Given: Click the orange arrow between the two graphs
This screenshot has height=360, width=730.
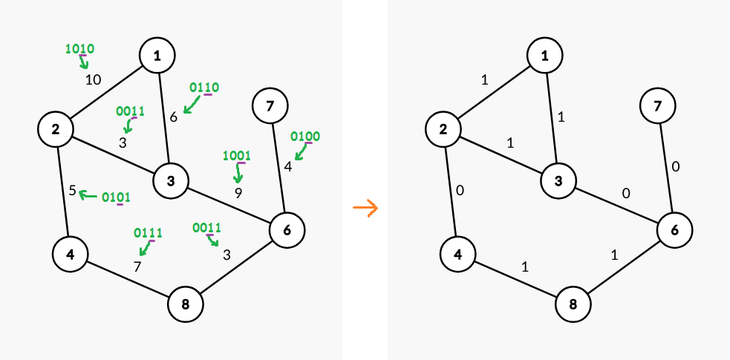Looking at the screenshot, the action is [x=366, y=208].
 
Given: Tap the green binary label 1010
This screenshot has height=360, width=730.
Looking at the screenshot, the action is [x=80, y=49].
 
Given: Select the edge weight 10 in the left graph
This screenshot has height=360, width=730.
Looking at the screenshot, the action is [x=93, y=80].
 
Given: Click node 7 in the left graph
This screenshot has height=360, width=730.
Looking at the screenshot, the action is [x=270, y=106].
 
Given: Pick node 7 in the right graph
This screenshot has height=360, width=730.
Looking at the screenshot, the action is [x=657, y=106].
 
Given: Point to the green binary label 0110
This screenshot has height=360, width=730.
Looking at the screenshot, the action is [x=204, y=88].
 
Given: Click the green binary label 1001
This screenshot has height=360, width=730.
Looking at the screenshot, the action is [x=237, y=155].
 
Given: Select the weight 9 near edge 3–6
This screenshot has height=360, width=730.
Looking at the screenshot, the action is [x=238, y=193].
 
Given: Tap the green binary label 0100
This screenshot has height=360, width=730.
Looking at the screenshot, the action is [x=305, y=137].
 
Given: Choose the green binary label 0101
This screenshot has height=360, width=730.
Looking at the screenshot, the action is [x=116, y=197].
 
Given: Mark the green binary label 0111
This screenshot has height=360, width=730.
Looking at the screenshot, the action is [x=148, y=232].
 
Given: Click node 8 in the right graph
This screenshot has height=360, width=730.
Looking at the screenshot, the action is [x=573, y=304].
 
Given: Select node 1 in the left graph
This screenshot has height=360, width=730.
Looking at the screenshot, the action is [x=157, y=56].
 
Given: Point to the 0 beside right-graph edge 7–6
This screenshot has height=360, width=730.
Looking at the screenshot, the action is [x=676, y=166].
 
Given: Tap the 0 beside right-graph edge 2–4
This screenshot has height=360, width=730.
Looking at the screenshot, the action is [x=460, y=191].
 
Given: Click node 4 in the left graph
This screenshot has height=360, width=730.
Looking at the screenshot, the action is [x=71, y=254].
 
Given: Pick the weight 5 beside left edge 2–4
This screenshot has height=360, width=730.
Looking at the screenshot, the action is [x=72, y=191].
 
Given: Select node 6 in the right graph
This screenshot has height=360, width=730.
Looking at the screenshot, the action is [x=675, y=230].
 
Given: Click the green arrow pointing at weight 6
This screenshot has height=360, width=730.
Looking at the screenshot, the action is [x=192, y=104].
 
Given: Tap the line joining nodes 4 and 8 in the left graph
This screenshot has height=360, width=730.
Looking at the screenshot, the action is [x=128, y=279].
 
